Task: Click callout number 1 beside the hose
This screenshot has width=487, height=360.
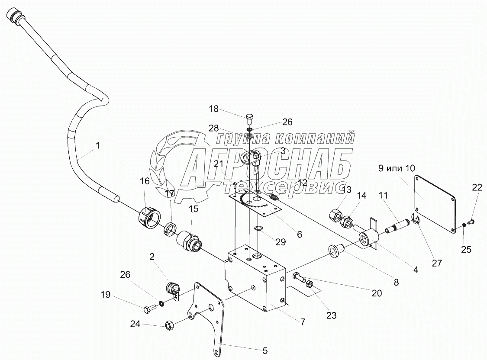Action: tap(97, 146)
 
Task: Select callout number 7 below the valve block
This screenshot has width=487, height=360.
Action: tap(303, 321)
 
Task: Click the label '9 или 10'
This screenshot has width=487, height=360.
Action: tap(396, 168)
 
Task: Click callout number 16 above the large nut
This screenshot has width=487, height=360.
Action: tap(145, 181)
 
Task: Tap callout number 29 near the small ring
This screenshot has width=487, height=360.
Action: tap(281, 242)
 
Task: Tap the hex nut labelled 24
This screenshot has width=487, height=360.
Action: tap(170, 324)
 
